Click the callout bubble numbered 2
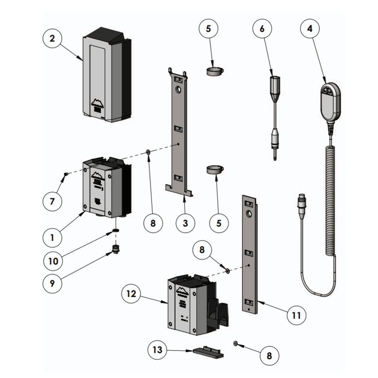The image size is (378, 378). pyautogui.click(x=52, y=38)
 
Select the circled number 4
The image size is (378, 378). pyautogui.click(x=310, y=28)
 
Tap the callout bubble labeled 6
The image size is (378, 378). pyautogui.click(x=262, y=28)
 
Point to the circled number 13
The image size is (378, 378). pyautogui.click(x=158, y=350)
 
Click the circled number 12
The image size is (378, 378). pyautogui.click(x=131, y=294)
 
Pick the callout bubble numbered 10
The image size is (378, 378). pyautogui.click(x=53, y=261)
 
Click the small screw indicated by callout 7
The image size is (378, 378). pyautogui.click(x=65, y=174)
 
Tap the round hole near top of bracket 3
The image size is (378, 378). pyautogui.click(x=178, y=90)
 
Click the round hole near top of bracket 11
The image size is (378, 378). pyautogui.click(x=249, y=214)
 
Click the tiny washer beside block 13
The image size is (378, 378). pyautogui.click(x=235, y=344)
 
